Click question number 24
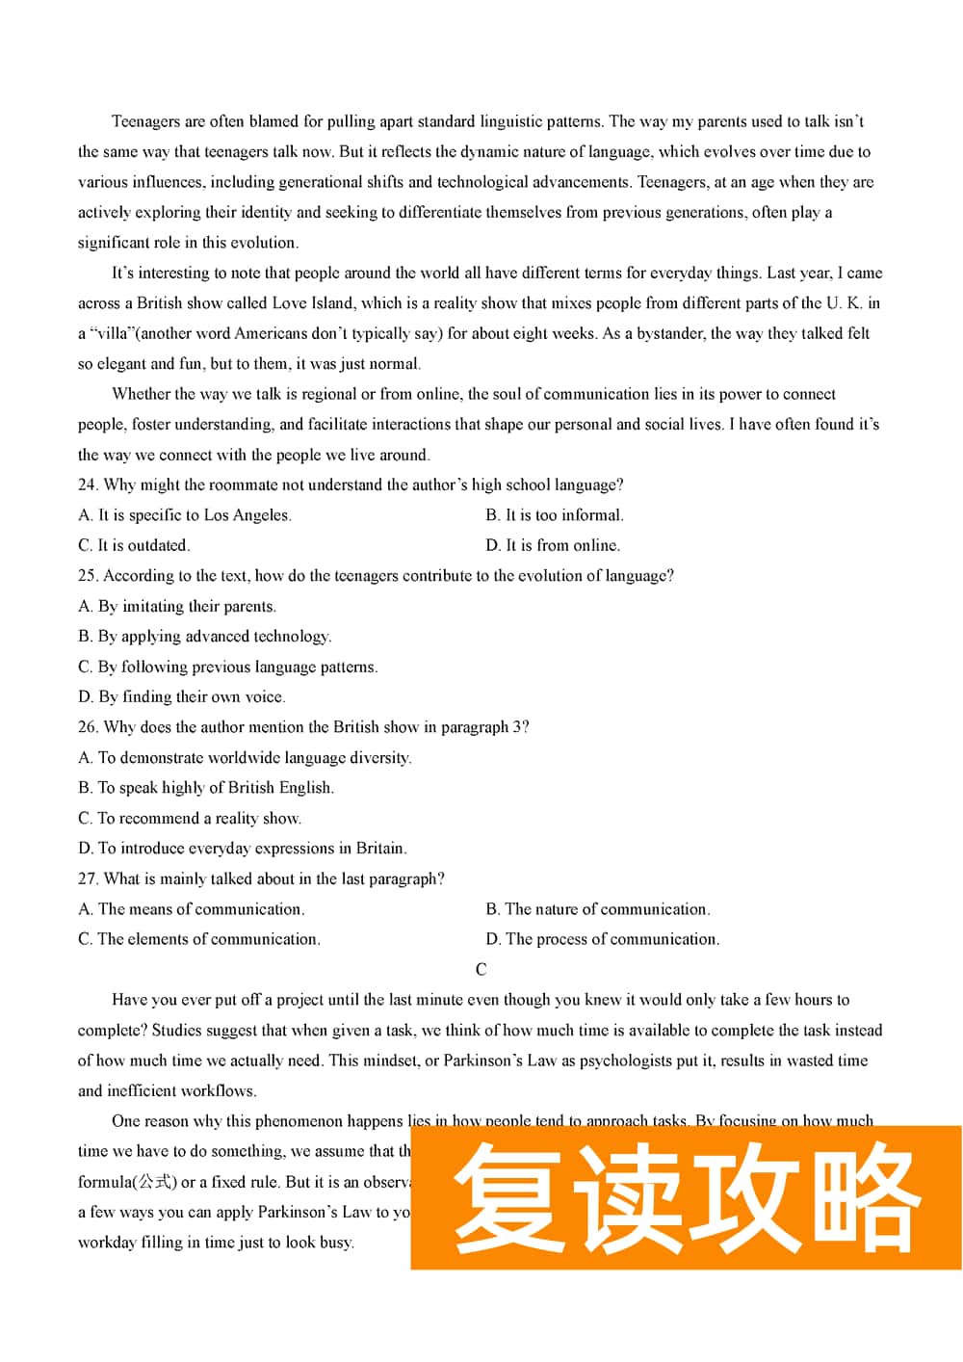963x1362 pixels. (87, 485)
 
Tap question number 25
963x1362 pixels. (87, 576)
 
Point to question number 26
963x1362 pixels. (87, 727)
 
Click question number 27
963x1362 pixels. (87, 879)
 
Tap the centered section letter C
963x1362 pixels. (481, 970)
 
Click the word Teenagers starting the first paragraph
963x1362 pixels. (145, 121)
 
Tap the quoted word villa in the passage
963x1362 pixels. (112, 334)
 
